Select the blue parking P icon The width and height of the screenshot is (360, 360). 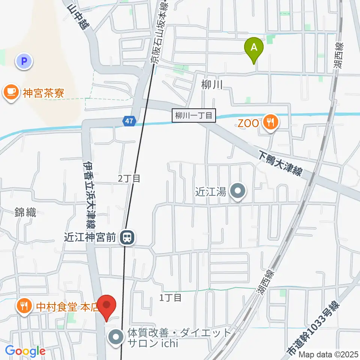click(24, 61)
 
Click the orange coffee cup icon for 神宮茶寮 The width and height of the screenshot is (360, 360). click(12, 91)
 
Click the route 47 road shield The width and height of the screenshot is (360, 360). click(129, 121)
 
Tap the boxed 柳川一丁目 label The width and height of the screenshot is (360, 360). click(194, 115)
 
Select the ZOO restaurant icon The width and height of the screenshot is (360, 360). click(270, 122)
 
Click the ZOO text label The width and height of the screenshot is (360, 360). click(248, 123)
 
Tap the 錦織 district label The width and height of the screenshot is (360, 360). click(25, 213)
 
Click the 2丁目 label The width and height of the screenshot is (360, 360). click(129, 178)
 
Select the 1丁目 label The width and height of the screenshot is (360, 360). click(171, 298)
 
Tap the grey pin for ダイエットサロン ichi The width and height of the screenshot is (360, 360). click(116, 337)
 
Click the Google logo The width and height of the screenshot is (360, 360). click(25, 351)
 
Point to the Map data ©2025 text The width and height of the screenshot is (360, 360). click(328, 354)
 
